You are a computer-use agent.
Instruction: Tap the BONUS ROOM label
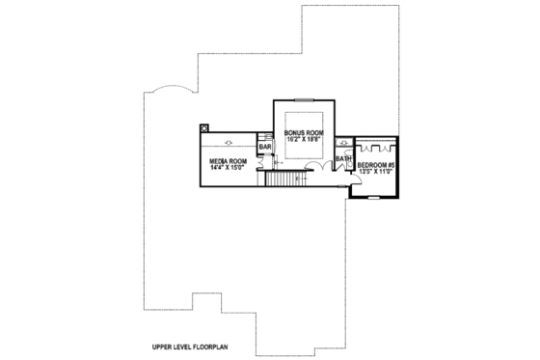pyautogui.click(x=303, y=131)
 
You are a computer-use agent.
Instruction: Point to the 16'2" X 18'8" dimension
pyautogui.click(x=303, y=139)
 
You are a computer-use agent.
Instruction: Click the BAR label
pyautogui.click(x=264, y=147)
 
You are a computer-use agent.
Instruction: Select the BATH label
pyautogui.click(x=342, y=158)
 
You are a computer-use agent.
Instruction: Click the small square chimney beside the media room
pyautogui.click(x=203, y=126)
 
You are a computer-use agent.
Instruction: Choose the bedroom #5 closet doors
pyautogui.click(x=377, y=148)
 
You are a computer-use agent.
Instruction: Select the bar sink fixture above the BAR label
pyautogui.click(x=264, y=136)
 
